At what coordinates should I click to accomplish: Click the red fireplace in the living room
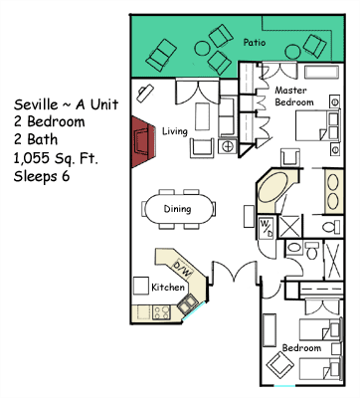(142, 141)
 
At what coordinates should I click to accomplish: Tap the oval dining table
(178, 209)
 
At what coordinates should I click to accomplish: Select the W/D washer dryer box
(267, 227)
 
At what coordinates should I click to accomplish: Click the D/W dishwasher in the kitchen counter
(183, 269)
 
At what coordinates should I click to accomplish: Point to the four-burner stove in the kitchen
(162, 312)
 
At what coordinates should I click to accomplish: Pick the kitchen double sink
(187, 303)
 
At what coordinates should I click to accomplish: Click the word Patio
(255, 43)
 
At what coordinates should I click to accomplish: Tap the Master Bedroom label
(293, 97)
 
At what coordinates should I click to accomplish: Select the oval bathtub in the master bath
(271, 191)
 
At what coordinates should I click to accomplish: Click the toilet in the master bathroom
(330, 227)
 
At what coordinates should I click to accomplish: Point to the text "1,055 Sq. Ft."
(56, 158)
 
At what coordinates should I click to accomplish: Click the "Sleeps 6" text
(42, 176)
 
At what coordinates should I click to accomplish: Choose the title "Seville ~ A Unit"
(66, 104)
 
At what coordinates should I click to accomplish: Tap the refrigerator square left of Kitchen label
(141, 286)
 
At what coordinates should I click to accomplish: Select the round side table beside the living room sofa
(228, 146)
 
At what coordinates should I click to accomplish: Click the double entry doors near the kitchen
(235, 272)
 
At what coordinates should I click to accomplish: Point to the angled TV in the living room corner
(145, 94)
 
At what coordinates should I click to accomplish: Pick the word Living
(175, 131)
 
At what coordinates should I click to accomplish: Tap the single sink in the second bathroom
(293, 248)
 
